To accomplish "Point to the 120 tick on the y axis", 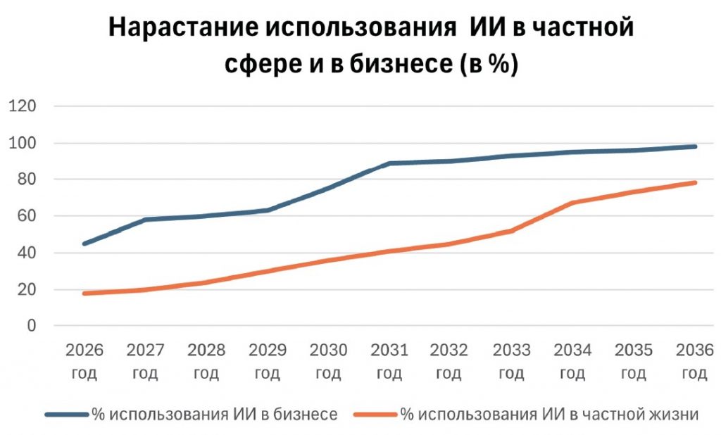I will (23, 106).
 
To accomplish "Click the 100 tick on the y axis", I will (23, 143).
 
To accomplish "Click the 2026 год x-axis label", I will (84, 361).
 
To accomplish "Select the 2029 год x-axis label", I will (268, 361).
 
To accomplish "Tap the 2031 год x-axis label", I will (390, 361).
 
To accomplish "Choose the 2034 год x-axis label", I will (573, 361).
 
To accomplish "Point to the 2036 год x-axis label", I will (694, 361).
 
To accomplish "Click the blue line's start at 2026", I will (84, 244).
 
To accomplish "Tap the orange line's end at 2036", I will (696, 182).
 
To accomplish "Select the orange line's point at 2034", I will (573, 203).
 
